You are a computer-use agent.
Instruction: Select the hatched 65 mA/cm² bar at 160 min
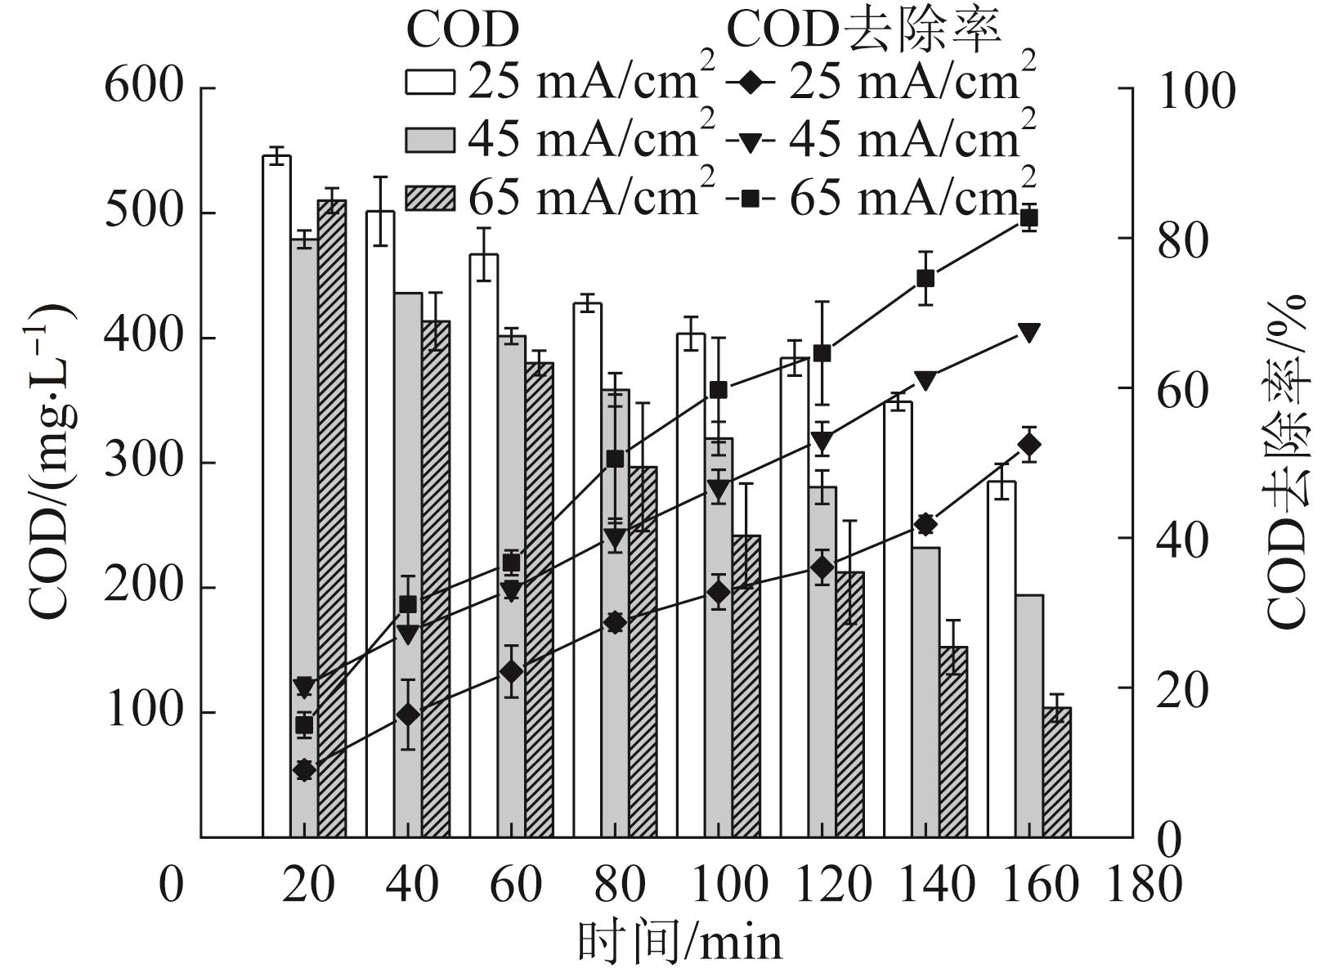(x=1056, y=772)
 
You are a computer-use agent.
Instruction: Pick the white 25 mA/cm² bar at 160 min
(x=1002, y=659)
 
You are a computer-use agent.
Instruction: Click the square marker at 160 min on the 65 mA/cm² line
(x=1029, y=217)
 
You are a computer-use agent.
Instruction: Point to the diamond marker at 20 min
(x=304, y=769)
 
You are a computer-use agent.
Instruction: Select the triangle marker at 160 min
(x=1029, y=332)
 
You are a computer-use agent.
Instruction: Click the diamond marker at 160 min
(x=1029, y=445)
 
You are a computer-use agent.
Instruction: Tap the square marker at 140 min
(x=925, y=278)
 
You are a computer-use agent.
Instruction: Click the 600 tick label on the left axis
(x=143, y=85)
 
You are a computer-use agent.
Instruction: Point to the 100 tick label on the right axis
(x=1196, y=90)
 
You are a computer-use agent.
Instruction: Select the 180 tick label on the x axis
(x=1143, y=885)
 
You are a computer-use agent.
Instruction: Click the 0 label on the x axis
(x=170, y=885)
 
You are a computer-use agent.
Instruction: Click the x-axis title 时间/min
(x=679, y=942)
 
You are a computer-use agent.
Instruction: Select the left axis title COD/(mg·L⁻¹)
(x=51, y=462)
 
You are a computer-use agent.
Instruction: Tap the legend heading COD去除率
(x=863, y=30)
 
